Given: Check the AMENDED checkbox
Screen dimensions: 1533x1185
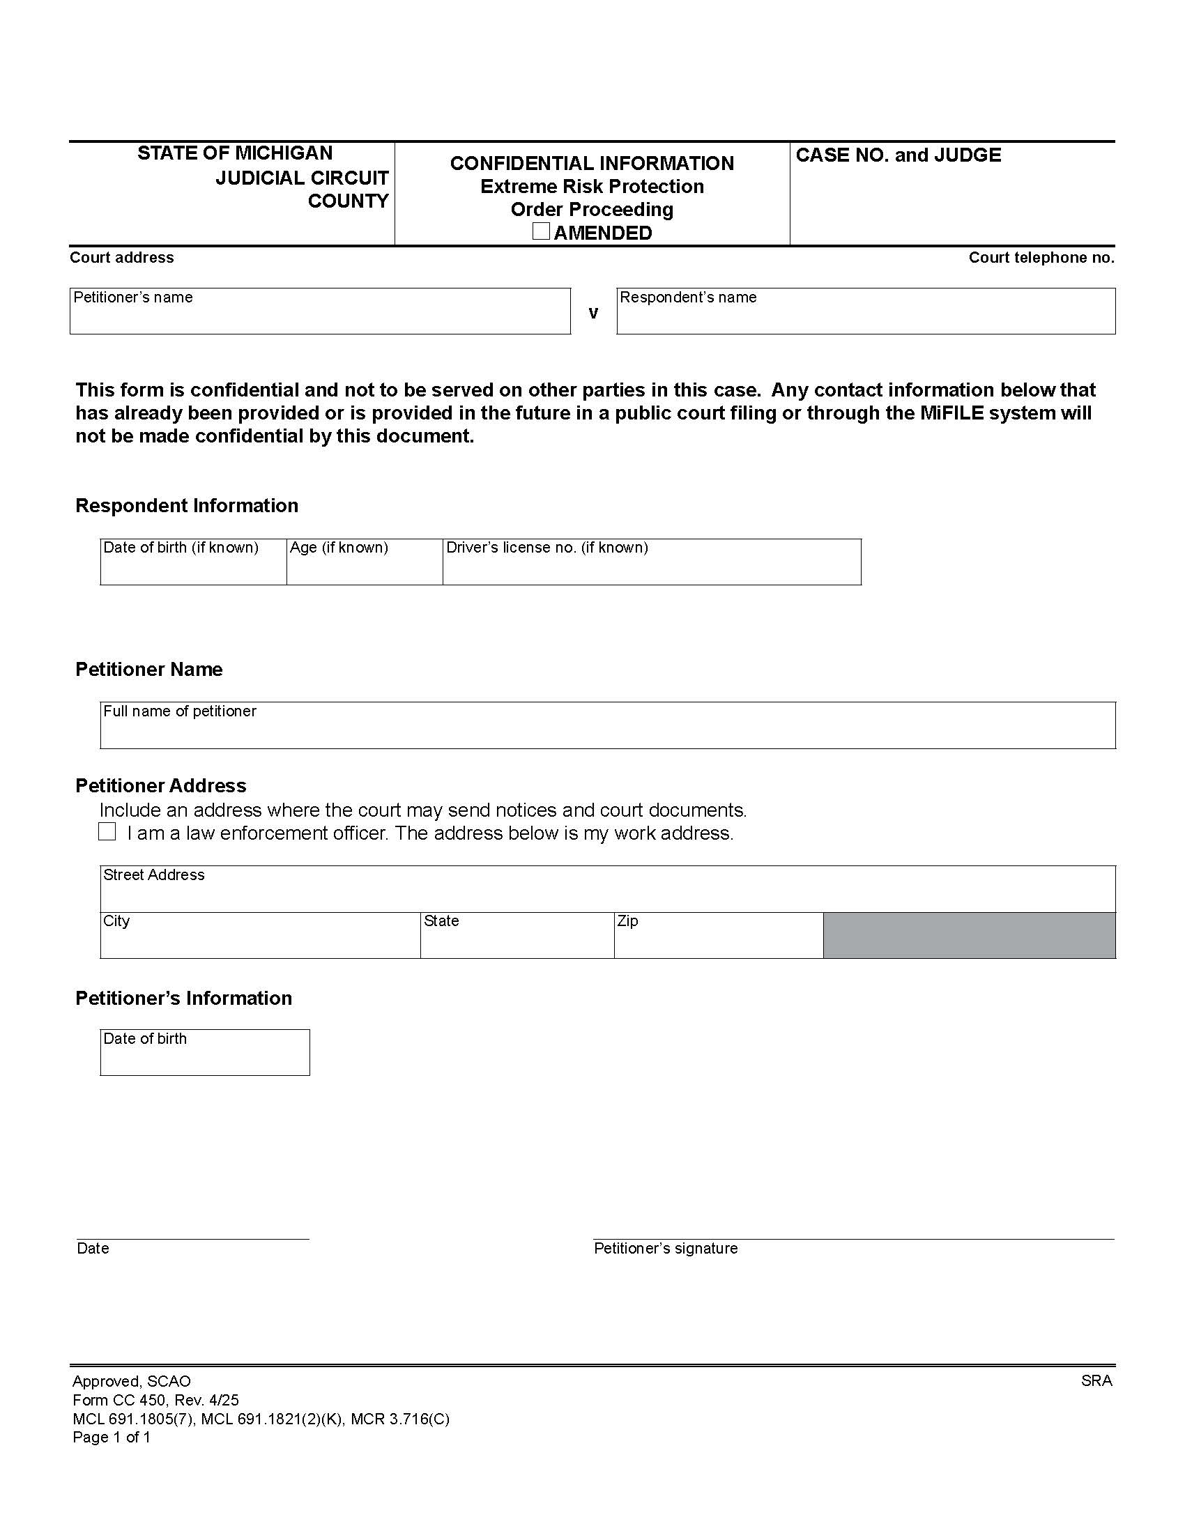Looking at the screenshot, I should (540, 231).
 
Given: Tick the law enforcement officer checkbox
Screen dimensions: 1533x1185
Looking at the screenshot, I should (107, 832).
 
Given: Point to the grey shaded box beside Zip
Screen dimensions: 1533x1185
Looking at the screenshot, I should (969, 936).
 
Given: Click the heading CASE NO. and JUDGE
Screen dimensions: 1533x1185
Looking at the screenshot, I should (898, 155).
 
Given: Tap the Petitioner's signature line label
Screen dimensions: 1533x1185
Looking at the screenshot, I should (666, 1248).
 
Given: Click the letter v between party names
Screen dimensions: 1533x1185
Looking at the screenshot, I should (593, 313).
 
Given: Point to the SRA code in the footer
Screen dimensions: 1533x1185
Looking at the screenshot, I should (1096, 1380).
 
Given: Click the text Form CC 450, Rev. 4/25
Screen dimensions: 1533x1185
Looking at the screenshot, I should (155, 1400).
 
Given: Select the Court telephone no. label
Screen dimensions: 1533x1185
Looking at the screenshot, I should (1041, 258).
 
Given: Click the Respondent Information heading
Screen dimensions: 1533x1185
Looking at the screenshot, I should (187, 505).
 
